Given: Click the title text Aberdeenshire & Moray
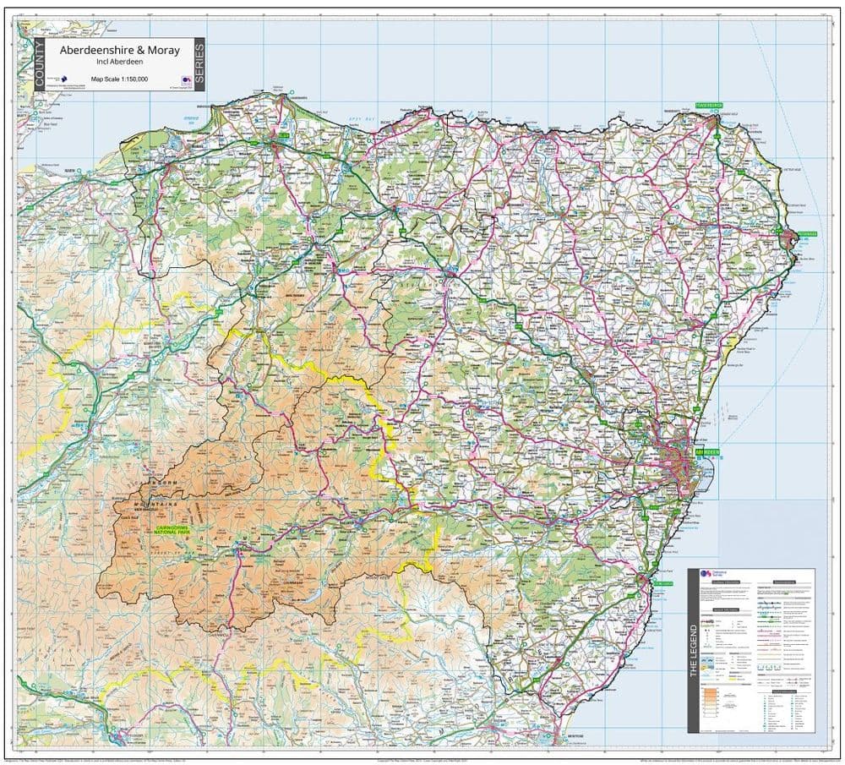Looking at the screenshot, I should click(x=119, y=51).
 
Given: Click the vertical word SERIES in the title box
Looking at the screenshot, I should click(x=199, y=64).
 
